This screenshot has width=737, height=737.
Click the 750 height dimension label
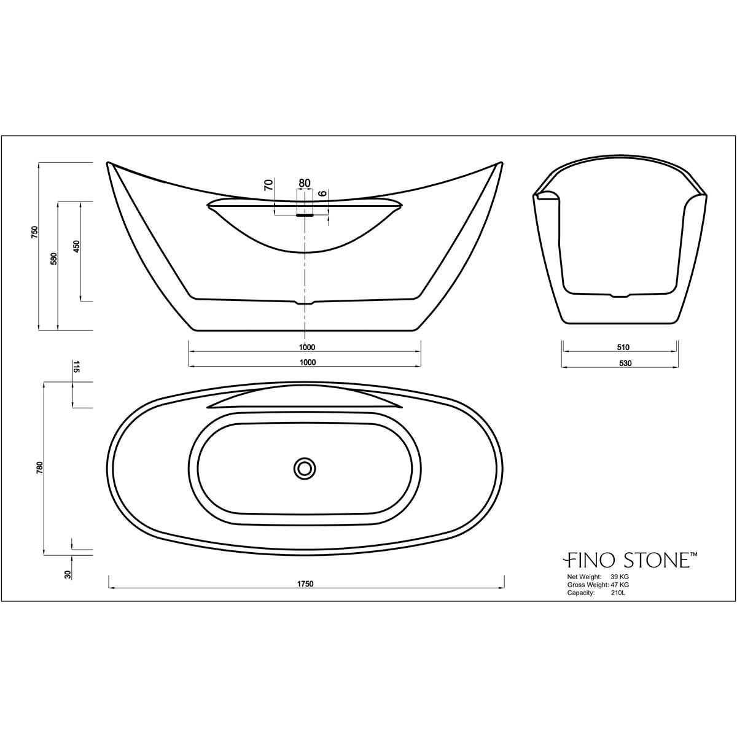[35, 232]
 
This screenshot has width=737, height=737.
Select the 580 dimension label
[54, 259]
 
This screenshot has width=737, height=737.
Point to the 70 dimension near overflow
[268, 185]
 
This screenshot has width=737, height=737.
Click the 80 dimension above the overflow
[304, 183]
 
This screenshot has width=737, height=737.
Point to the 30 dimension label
[68, 574]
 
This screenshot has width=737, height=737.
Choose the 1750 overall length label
[306, 583]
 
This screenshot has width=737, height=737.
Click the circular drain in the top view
[304, 468]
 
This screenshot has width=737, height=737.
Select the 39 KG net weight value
[619, 577]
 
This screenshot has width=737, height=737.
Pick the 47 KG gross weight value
[619, 585]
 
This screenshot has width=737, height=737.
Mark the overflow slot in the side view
[305, 215]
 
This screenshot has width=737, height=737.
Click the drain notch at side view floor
[304, 302]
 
